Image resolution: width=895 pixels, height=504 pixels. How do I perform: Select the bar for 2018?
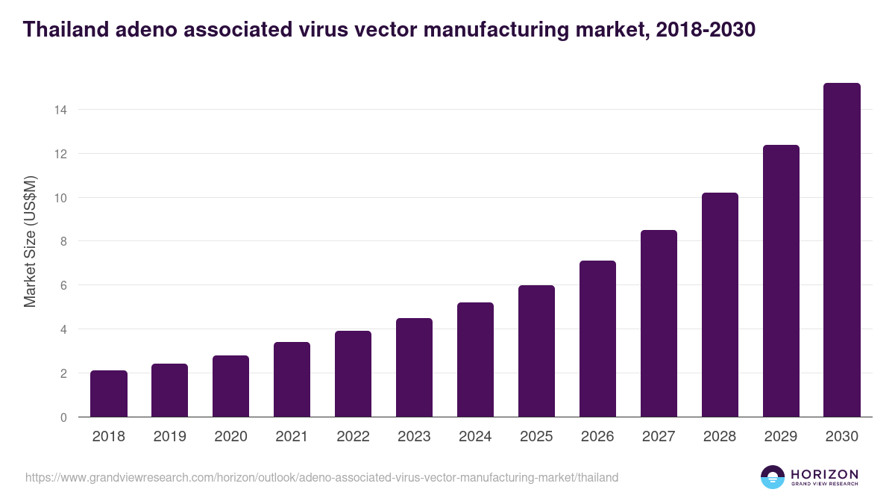[109, 393]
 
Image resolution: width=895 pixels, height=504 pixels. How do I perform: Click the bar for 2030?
[841, 250]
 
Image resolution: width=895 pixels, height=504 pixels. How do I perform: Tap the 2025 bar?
[536, 351]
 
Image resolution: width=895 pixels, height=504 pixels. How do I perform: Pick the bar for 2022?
[353, 373]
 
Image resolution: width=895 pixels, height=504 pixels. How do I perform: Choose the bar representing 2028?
[720, 305]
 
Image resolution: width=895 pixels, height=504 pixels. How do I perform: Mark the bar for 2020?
[230, 386]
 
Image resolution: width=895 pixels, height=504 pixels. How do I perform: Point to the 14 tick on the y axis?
[60, 110]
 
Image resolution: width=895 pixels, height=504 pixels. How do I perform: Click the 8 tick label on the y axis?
[63, 241]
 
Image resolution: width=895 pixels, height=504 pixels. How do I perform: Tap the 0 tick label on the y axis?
[63, 417]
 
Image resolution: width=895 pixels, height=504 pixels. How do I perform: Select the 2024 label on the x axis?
[475, 437]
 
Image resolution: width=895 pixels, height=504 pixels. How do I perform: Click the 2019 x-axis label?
[169, 437]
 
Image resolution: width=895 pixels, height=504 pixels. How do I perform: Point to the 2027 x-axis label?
[659, 437]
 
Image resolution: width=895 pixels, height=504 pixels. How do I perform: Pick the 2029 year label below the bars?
[781, 437]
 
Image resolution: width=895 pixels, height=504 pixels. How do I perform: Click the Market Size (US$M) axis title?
[30, 241]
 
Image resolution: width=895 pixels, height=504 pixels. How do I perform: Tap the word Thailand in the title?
[66, 30]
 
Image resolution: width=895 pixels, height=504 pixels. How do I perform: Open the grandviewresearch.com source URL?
[321, 477]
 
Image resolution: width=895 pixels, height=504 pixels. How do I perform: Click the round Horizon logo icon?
[773, 477]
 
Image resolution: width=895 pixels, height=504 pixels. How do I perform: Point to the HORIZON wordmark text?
[824, 473]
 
